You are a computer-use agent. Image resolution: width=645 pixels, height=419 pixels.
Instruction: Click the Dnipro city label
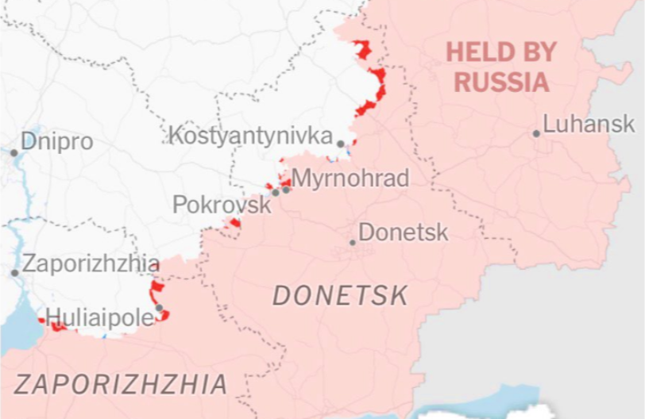click(56, 142)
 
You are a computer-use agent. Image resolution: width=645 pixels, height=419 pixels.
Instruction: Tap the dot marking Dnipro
click(14, 153)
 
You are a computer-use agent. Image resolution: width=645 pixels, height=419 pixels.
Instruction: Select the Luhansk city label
click(589, 124)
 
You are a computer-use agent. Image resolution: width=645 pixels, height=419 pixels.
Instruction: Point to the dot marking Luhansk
click(536, 133)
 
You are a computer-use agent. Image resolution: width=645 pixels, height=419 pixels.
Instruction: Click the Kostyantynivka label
click(250, 136)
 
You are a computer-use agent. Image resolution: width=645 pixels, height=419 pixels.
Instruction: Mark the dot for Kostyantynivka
click(340, 144)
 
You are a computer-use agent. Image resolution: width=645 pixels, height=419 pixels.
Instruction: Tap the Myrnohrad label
click(350, 178)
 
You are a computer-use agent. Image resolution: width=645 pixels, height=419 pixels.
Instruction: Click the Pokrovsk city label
click(222, 206)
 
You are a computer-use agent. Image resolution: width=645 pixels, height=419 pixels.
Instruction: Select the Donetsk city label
click(404, 233)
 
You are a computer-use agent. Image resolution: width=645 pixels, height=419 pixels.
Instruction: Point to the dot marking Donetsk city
click(353, 242)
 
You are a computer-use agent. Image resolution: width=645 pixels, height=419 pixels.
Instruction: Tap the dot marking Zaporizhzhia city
click(14, 273)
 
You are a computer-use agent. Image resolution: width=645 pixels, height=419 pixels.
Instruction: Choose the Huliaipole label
click(100, 317)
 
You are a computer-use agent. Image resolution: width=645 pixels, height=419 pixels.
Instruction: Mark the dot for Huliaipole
click(159, 308)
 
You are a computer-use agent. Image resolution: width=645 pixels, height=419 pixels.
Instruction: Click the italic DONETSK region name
click(340, 296)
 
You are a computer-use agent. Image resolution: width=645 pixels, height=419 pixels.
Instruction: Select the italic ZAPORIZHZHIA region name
click(122, 385)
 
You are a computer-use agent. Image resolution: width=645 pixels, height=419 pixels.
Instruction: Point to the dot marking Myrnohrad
click(286, 189)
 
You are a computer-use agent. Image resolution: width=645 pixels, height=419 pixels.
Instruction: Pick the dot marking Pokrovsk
click(276, 192)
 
